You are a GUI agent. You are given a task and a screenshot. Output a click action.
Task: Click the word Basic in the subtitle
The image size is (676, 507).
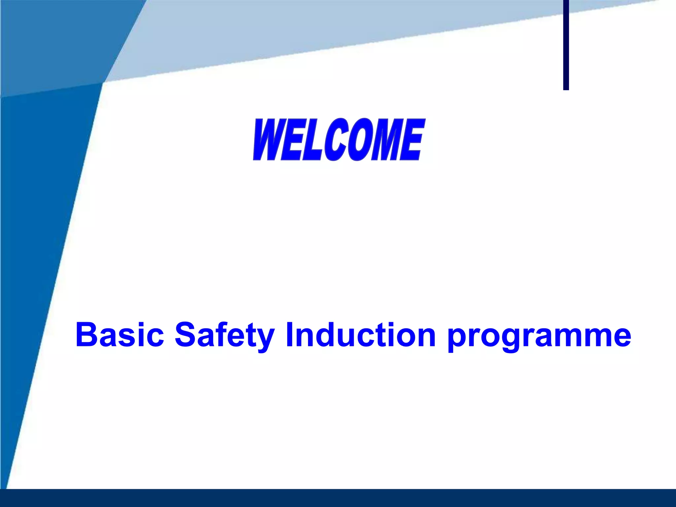tap(119, 335)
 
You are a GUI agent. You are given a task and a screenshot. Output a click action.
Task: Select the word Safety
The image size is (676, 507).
tap(224, 335)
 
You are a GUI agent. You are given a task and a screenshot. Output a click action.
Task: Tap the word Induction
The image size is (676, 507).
tap(361, 335)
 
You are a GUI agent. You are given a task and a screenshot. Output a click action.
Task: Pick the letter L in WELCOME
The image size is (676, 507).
tap(312, 140)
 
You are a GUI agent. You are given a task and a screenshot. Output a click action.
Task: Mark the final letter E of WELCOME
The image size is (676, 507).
tap(411, 140)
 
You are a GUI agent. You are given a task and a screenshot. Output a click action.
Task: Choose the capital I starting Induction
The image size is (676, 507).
tap(289, 335)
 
